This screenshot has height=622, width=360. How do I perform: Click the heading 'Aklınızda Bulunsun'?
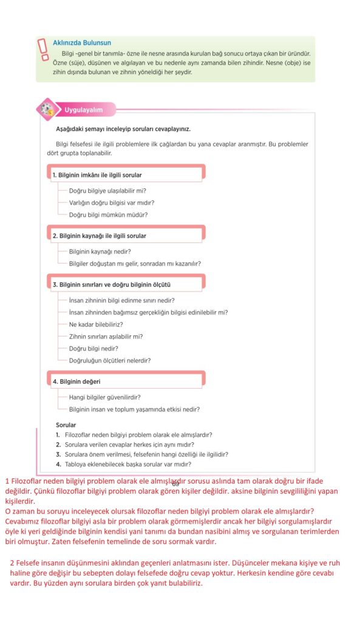(82, 43)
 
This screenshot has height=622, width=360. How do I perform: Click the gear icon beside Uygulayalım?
(47, 109)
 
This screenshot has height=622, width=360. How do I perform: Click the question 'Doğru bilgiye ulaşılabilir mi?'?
(107, 190)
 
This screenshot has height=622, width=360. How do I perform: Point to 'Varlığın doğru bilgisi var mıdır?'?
(111, 202)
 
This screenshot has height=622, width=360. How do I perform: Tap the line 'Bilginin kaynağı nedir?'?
(100, 251)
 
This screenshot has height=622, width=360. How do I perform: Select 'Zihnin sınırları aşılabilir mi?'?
(106, 336)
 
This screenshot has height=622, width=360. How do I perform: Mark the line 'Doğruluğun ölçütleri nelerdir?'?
(110, 360)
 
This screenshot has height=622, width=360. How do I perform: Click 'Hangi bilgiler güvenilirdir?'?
(105, 397)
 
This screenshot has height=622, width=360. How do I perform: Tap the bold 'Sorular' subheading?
(66, 425)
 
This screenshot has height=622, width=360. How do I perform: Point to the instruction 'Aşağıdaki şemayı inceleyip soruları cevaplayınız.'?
(123, 129)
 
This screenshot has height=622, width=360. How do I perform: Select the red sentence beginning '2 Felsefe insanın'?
(170, 563)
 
